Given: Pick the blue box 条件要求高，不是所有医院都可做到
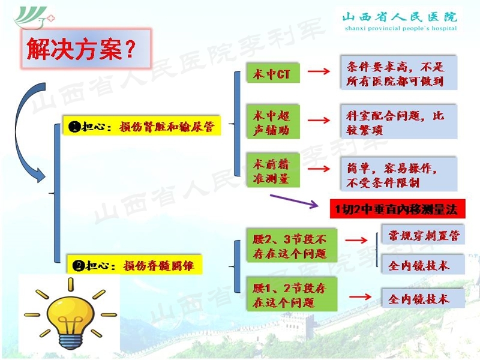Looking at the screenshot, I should pyautogui.click(x=398, y=74).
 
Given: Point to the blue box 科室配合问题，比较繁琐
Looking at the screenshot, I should pyautogui.click(x=398, y=122).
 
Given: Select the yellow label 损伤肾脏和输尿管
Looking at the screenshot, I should pyautogui.click(x=142, y=126).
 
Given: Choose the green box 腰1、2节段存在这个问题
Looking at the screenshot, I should pyautogui.click(x=290, y=295).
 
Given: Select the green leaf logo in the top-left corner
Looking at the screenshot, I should pyautogui.click(x=34, y=18).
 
